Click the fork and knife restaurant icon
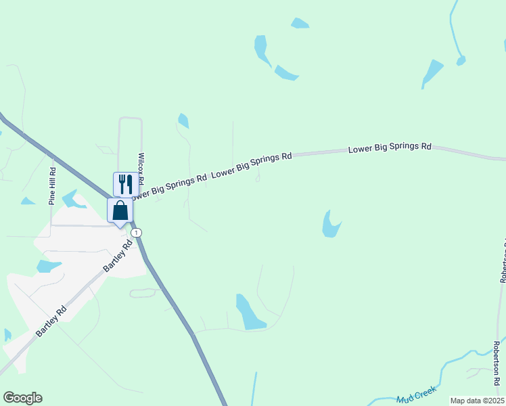[126, 183]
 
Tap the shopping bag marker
[120, 210]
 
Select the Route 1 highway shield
[137, 232]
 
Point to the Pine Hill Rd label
[52, 187]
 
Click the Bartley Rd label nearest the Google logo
[51, 321]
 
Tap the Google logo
[22, 398]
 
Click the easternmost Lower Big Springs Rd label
[390, 147]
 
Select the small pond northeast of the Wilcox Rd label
[183, 120]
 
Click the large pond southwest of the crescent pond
[249, 313]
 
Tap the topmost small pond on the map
[300, 23]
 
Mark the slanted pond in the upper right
[431, 72]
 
